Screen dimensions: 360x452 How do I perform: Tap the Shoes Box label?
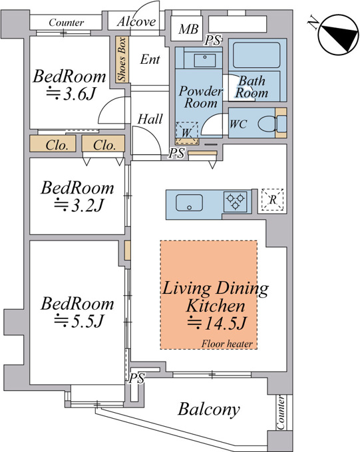(122, 59)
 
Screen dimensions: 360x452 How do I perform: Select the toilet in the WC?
(272, 124)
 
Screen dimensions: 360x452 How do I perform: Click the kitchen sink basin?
(189, 203)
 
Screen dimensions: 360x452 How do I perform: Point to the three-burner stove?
(236, 202)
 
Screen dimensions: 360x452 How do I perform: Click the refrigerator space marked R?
(272, 200)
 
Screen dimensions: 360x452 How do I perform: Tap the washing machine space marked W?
(187, 133)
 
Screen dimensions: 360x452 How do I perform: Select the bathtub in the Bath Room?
(256, 55)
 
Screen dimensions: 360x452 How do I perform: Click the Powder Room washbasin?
(204, 60)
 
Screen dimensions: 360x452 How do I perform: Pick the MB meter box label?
(188, 29)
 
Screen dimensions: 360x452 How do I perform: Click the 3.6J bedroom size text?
(71, 94)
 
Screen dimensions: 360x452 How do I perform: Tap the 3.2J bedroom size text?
(79, 205)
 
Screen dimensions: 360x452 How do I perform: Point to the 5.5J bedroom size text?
(79, 320)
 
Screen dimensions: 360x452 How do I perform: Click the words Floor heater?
(227, 344)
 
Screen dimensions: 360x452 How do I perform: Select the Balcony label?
(209, 409)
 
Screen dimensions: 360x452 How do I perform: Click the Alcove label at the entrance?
(136, 22)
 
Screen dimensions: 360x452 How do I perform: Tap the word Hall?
(150, 119)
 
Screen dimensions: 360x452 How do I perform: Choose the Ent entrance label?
(150, 59)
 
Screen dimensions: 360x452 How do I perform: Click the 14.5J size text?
(216, 323)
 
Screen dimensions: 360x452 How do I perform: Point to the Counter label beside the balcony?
(281, 413)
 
